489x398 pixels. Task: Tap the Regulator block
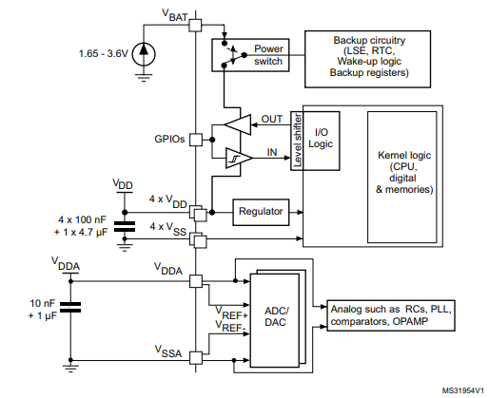pyautogui.click(x=261, y=211)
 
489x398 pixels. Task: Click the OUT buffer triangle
pyautogui.click(x=236, y=125)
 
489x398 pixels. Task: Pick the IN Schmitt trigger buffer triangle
pyautogui.click(x=236, y=158)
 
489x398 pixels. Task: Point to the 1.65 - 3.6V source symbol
pyautogui.click(x=144, y=54)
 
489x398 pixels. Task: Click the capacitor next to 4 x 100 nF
pyautogui.click(x=124, y=226)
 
